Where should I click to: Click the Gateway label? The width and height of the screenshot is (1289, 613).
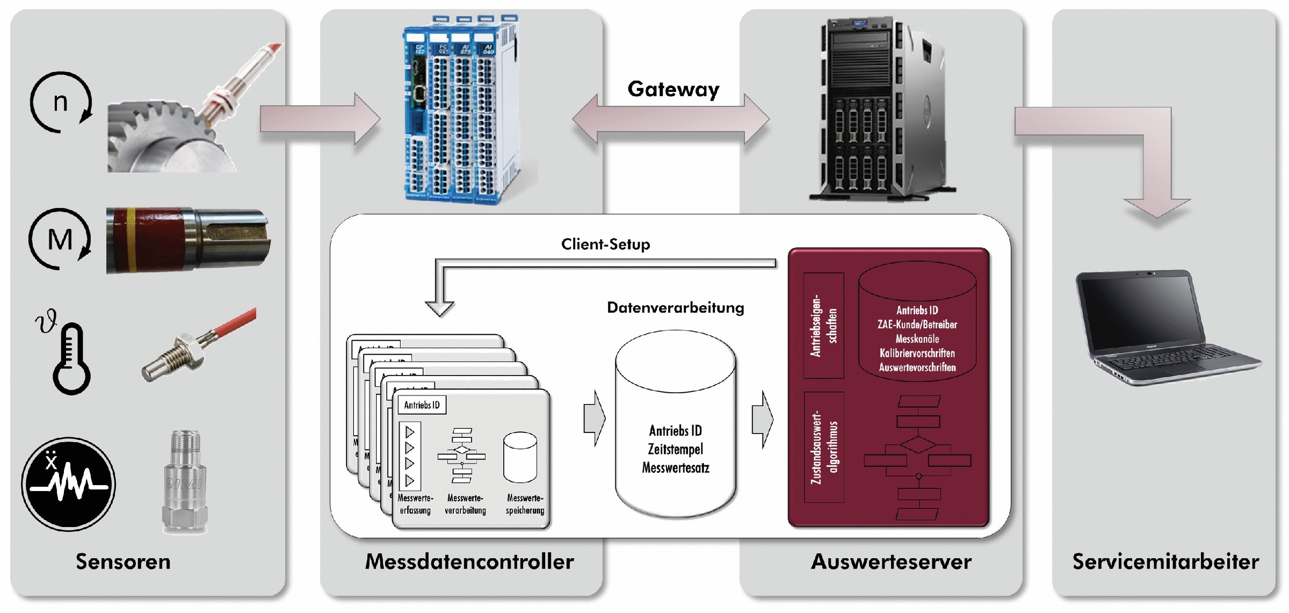pos(673,89)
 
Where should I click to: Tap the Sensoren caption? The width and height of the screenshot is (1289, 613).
pos(123,561)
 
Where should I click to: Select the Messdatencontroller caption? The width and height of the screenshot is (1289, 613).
pos(469,561)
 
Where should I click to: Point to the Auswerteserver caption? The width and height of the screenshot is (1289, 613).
pos(891,561)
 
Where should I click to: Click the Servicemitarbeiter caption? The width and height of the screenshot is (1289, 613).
pos(1165,561)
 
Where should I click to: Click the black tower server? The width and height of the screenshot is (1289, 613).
pos(881,107)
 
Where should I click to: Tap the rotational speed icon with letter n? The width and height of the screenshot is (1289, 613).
pos(61,102)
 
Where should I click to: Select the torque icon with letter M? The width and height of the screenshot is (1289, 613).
pos(60,239)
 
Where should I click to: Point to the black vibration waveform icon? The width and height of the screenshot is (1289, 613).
pos(68,484)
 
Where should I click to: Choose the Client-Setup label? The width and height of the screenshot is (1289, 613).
pos(605,244)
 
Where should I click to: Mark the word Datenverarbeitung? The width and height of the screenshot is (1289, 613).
pos(675,308)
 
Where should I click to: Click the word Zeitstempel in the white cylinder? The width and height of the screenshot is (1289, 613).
pos(675,449)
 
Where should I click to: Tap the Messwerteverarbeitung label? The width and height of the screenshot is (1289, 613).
pos(465,504)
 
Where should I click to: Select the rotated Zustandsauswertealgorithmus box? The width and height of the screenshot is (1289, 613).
pos(823,447)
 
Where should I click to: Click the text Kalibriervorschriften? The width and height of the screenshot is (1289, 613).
pos(917,354)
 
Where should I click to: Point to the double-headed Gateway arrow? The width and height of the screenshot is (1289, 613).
pos(671,119)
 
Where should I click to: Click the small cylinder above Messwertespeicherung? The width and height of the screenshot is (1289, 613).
pos(520,457)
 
